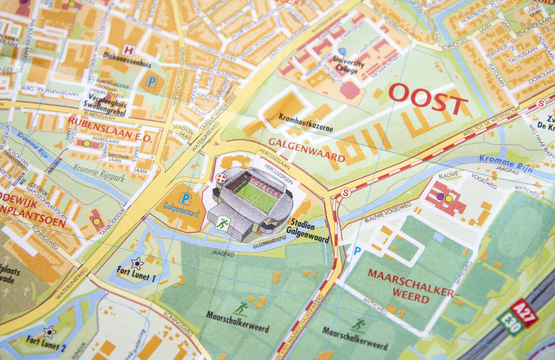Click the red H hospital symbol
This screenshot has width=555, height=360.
tap(128, 50)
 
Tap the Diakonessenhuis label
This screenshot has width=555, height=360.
tap(127, 64)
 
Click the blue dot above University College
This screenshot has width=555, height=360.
tap(342, 51)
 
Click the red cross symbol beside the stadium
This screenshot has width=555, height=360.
tap(221, 178)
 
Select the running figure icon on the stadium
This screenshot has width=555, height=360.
tap(222, 223)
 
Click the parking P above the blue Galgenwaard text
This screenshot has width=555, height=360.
tap(185, 198)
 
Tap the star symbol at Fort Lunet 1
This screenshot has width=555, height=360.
tap(137, 263)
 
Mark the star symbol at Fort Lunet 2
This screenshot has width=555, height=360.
tap(49, 332)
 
